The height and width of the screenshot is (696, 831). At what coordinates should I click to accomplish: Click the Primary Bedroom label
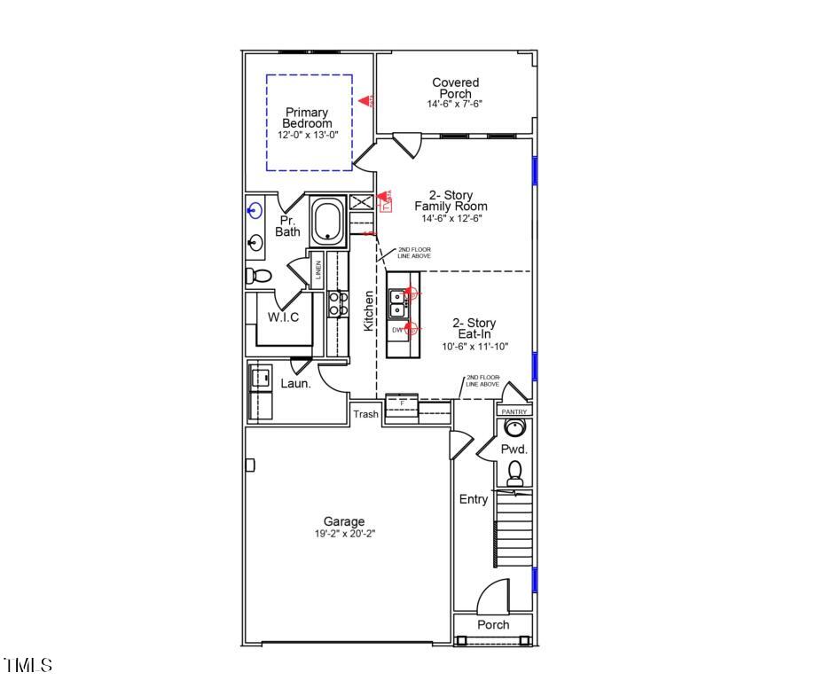(x=307, y=118)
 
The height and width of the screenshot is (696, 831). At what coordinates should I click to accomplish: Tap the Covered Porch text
(x=455, y=88)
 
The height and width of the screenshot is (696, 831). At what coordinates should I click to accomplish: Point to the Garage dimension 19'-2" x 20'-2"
(x=343, y=535)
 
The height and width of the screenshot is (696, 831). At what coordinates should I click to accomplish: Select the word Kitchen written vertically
(x=369, y=311)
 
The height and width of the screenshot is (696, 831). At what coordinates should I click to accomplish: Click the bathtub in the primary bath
(x=330, y=222)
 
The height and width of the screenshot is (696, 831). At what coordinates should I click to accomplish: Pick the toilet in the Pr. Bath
(x=258, y=276)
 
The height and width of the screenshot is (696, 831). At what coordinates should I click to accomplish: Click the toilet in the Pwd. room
(x=514, y=474)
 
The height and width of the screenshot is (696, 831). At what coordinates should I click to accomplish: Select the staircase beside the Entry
(x=513, y=530)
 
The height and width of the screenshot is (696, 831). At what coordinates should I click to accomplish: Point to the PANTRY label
(x=514, y=411)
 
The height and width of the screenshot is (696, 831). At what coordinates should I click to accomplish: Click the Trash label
(x=365, y=414)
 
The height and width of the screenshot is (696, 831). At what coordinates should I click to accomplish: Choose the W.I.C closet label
(x=284, y=317)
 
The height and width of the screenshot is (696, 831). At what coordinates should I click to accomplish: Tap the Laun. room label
(x=295, y=383)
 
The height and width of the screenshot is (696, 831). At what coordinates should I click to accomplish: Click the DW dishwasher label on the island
(x=397, y=330)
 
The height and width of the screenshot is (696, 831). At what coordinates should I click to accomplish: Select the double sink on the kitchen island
(x=398, y=304)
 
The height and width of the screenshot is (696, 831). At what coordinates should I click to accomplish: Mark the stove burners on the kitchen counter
(x=338, y=304)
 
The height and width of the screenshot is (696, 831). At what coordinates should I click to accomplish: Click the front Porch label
(x=493, y=624)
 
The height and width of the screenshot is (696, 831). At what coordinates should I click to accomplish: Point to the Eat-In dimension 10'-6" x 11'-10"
(x=475, y=347)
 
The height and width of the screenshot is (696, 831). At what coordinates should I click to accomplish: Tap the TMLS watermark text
(x=27, y=665)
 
